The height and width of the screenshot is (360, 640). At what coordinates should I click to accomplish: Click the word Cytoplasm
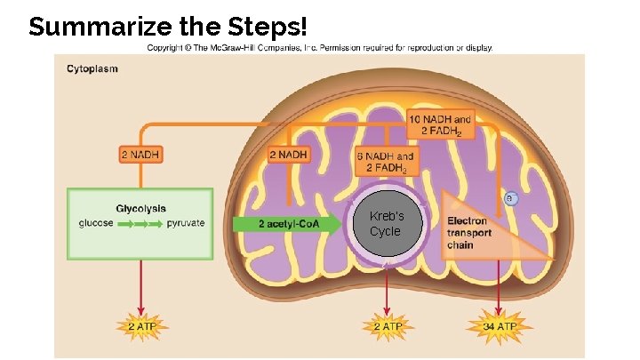tap(92, 68)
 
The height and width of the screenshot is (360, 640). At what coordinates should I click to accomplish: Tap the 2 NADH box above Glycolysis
tap(141, 155)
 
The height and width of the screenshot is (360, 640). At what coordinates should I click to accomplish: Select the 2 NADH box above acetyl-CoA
tap(290, 155)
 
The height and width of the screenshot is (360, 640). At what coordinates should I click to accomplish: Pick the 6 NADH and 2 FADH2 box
tap(384, 163)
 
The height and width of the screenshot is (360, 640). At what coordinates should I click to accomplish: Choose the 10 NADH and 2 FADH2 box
tap(440, 125)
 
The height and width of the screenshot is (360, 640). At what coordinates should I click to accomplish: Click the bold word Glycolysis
tap(140, 208)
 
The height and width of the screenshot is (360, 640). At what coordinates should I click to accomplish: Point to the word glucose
tap(96, 223)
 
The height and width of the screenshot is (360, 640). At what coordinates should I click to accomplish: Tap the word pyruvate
tap(186, 223)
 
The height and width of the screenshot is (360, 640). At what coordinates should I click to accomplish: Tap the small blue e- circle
tap(511, 196)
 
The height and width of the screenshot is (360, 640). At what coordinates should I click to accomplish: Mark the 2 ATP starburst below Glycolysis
tap(140, 326)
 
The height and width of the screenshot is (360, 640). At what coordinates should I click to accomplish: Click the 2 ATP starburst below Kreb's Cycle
tap(387, 326)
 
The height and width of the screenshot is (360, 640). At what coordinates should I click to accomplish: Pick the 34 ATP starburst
tap(500, 326)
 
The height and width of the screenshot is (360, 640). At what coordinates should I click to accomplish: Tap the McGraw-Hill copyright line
tap(319, 48)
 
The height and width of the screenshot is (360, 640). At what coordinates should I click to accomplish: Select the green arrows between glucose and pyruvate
tap(140, 224)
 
